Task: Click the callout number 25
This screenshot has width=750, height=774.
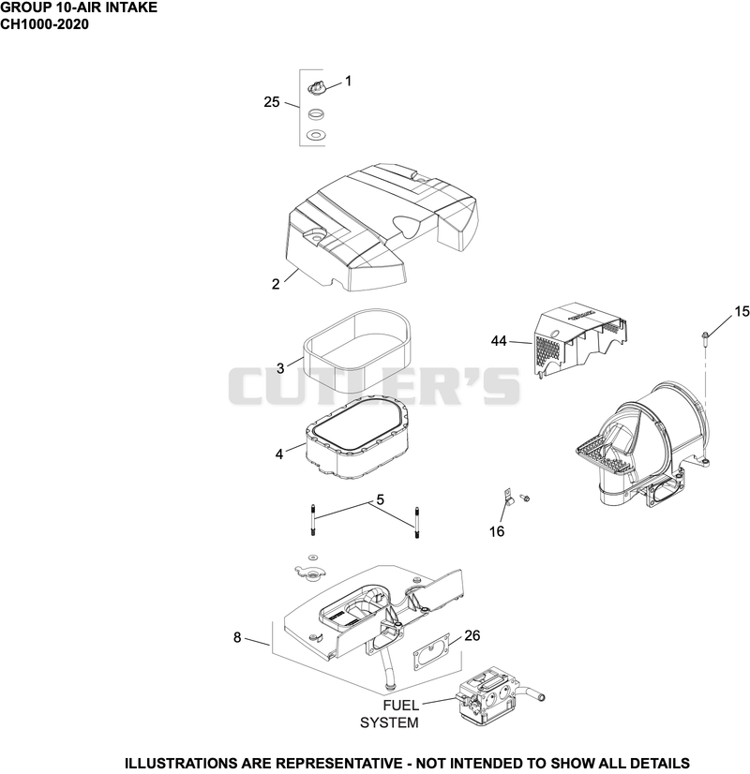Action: click(x=272, y=102)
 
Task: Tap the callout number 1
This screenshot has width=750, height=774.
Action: click(x=348, y=81)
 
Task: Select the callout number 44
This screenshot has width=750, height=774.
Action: click(x=499, y=340)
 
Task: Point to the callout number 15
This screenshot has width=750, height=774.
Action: click(x=742, y=311)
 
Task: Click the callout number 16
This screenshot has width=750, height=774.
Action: click(x=497, y=531)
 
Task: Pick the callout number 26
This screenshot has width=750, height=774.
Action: click(x=472, y=635)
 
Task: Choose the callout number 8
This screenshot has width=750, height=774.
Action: click(x=237, y=638)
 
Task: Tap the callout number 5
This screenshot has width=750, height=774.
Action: click(x=380, y=499)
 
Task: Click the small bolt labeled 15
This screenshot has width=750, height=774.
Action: click(x=705, y=338)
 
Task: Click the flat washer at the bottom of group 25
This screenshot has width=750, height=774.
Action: click(x=315, y=134)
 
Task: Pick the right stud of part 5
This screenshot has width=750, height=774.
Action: click(x=417, y=522)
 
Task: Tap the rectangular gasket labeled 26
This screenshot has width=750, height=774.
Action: click(x=431, y=652)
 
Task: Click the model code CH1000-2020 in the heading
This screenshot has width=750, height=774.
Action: click(x=44, y=24)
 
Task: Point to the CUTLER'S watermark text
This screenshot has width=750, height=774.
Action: click(x=374, y=386)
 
